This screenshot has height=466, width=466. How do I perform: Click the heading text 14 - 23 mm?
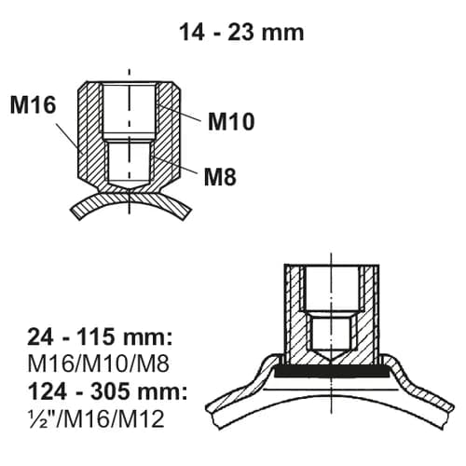pos(241,32)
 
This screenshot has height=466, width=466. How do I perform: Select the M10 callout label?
pos(231,120)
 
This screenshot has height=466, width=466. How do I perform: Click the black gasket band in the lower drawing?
pos(330,370)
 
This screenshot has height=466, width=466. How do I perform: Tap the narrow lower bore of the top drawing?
pos(129,160)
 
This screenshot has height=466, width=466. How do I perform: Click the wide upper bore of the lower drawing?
pos(330,289)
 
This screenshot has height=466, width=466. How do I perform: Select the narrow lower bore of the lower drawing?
pos(330,332)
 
